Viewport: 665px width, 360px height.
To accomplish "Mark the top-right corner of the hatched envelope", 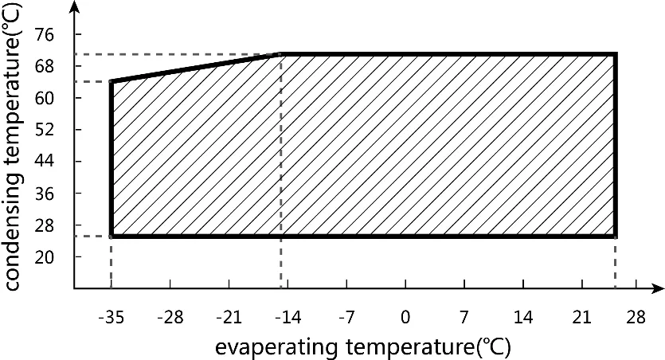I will pos(616,55).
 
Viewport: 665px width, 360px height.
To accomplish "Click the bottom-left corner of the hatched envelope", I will pos(111,236).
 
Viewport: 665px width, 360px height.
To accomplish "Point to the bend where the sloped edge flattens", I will pos(281,55).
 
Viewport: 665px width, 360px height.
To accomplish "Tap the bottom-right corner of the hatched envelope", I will pos(616,236).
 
